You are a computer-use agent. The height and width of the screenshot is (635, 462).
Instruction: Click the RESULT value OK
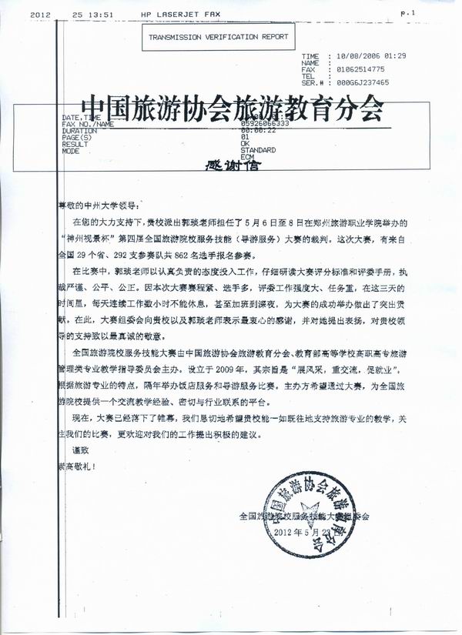[245, 144]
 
